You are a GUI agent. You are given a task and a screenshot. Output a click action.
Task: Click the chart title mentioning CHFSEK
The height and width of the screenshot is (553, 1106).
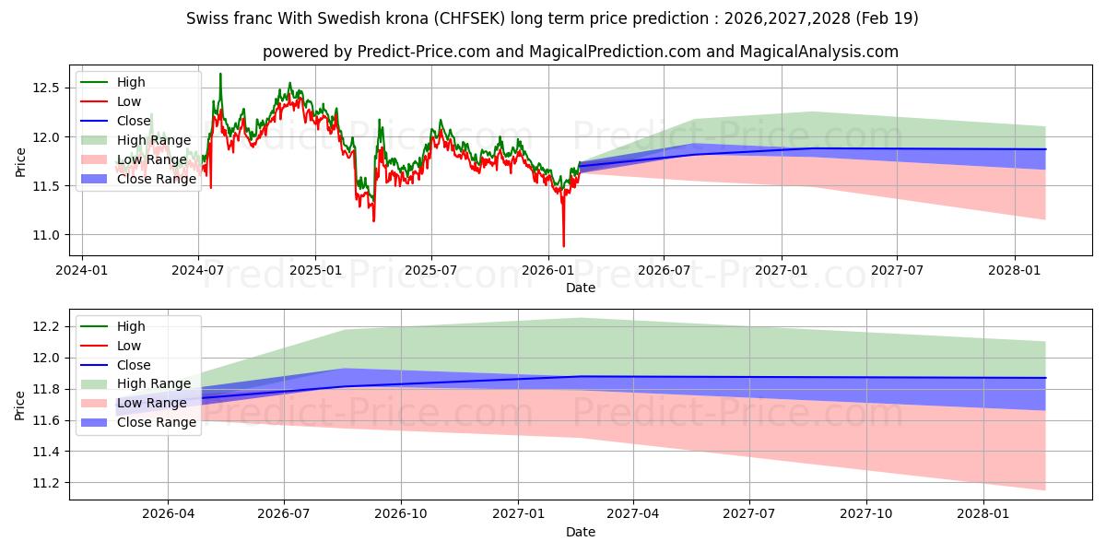coord(552,18)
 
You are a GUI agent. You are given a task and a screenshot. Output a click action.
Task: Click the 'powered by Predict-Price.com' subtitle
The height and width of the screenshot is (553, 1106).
coord(580,52)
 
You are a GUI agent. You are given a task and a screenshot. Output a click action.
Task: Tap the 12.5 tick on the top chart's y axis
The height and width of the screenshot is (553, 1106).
coord(45,88)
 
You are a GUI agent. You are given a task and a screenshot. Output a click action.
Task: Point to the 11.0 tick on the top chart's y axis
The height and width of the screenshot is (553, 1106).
coord(45,235)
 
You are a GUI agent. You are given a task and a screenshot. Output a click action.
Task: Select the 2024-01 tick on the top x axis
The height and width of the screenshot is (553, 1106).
coord(82,271)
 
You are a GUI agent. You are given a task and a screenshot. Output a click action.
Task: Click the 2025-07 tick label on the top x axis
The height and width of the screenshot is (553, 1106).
coord(431,271)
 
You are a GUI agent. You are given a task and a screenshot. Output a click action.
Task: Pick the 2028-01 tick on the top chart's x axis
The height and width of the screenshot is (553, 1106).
coord(1014,271)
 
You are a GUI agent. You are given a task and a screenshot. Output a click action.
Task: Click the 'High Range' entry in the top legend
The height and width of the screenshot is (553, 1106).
coord(154,140)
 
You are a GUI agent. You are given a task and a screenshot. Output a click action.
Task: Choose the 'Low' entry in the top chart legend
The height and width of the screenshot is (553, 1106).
coord(129,101)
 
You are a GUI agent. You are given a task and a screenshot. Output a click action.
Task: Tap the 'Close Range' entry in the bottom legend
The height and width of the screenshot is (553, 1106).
coord(156,422)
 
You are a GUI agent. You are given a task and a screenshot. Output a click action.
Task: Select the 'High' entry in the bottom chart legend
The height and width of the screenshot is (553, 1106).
coord(131,326)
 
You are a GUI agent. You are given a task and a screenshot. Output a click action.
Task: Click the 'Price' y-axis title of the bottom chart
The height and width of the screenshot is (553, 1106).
coord(20,405)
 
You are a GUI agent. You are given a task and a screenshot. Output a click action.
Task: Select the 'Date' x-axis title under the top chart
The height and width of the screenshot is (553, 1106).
coord(580,288)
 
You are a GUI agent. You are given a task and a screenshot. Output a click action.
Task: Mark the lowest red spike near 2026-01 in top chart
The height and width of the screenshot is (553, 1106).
coord(563,246)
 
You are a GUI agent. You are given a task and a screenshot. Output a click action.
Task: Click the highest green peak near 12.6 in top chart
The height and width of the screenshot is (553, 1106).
coord(220,74)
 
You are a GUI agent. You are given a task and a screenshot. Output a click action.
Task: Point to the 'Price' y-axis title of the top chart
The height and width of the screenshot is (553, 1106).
coord(20,161)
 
